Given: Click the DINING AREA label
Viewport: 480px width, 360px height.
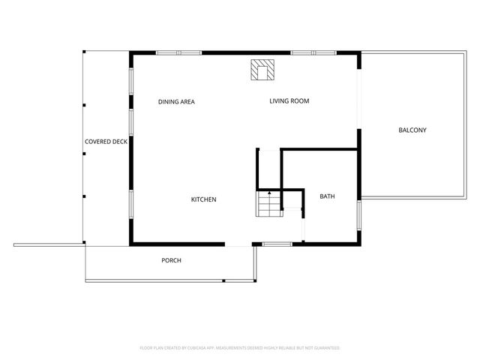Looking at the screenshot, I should click(176, 101).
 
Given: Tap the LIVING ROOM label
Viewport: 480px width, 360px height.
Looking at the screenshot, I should click(289, 100).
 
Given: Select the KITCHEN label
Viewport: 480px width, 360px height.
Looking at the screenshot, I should click(203, 199).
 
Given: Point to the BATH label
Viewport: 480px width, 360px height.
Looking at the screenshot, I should click(327, 197).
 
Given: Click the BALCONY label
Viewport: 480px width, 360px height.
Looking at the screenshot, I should click(412, 130).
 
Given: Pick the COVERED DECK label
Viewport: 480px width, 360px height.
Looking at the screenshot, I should click(106, 141).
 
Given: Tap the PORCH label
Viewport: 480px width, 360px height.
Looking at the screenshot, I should click(171, 260).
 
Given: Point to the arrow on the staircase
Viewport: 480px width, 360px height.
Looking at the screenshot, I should click(268, 194).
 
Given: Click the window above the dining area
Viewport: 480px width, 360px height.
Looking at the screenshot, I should click(178, 52).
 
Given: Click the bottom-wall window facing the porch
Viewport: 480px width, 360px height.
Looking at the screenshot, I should click(277, 244).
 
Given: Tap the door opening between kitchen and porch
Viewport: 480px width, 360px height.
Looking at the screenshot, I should click(238, 244).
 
